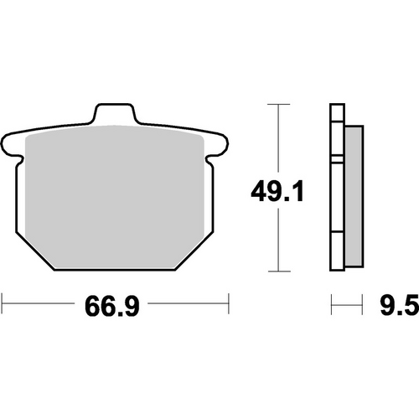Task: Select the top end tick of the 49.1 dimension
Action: click(x=277, y=104)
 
